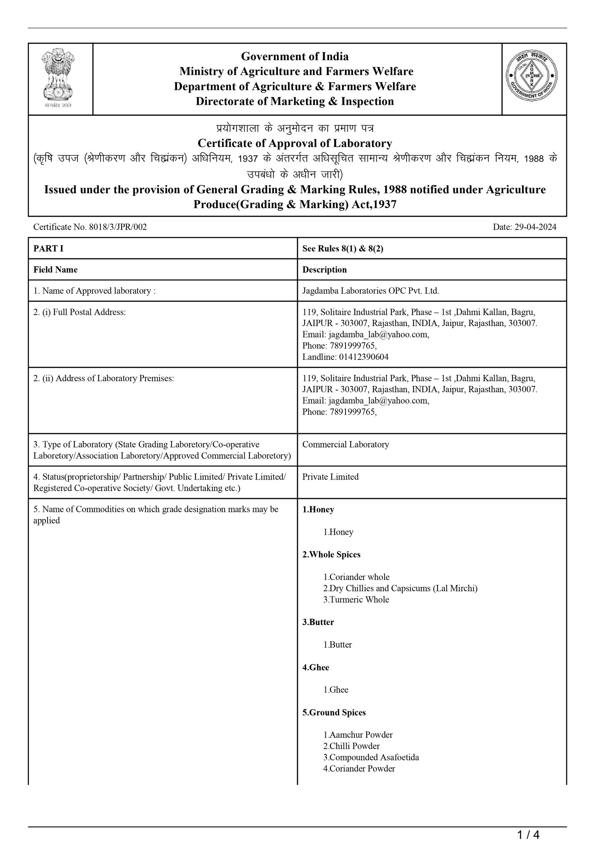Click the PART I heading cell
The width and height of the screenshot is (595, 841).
[48, 248]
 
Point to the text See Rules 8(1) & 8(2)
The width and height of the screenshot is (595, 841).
[342, 248]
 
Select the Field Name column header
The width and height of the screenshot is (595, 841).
[55, 270]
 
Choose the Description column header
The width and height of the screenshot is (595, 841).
[324, 270]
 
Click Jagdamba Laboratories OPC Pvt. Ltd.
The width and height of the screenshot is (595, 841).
[370, 291]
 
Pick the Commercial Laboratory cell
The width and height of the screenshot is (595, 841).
[345, 444]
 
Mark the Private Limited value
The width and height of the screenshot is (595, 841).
[330, 477]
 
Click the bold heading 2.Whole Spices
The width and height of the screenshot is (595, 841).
[331, 554]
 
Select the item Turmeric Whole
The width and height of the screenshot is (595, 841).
[356, 599]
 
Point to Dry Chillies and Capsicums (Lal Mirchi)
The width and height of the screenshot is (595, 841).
[400, 588]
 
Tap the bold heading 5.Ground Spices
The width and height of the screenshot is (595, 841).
[334, 712]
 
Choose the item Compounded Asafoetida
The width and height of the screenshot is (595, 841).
[371, 757]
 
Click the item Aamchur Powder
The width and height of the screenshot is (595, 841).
[358, 735]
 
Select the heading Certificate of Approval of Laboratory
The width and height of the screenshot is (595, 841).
[295, 143]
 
